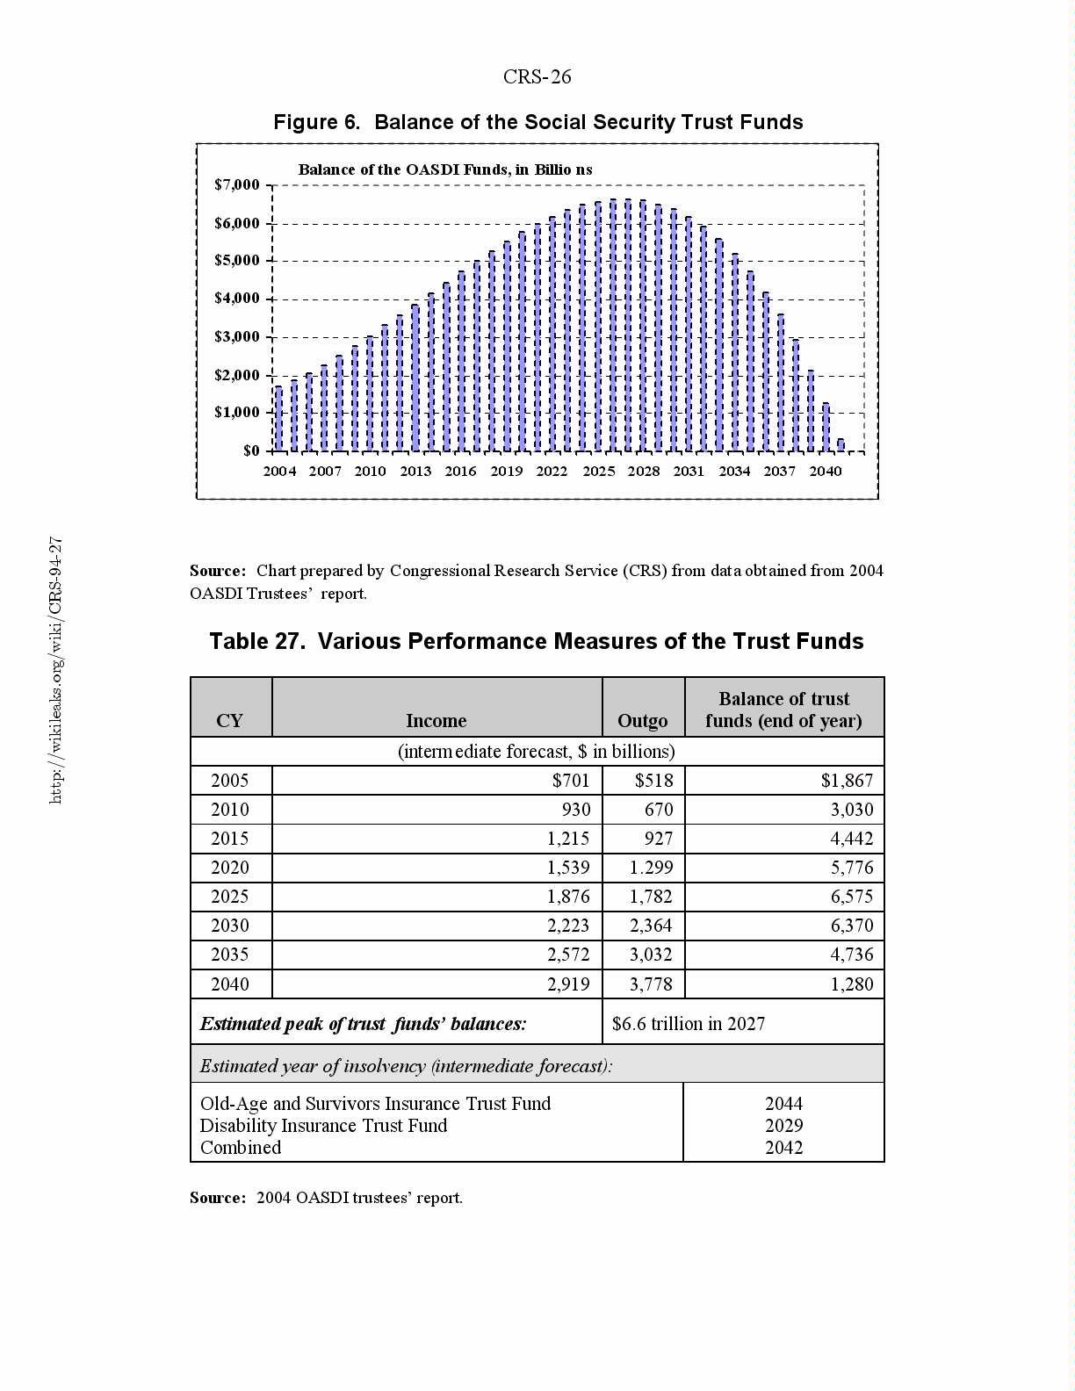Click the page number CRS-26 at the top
[x=537, y=77]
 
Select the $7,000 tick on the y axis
[x=237, y=185]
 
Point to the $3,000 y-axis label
[x=237, y=337]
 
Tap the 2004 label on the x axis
[x=279, y=472]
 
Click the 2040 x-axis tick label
[x=825, y=472]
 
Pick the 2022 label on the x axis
[x=552, y=472]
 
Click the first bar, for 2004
[x=279, y=419]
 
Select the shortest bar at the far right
[x=841, y=445]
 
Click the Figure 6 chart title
[x=537, y=122]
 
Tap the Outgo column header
[x=643, y=721]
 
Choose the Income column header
[x=436, y=721]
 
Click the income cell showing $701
[x=571, y=781]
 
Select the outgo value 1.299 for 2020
[x=651, y=868]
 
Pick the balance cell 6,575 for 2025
[x=852, y=897]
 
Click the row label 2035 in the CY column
[x=230, y=955]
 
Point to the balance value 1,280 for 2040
[x=852, y=984]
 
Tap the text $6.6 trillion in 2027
[x=689, y=1024]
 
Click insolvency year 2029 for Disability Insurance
[x=783, y=1126]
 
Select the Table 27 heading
[x=537, y=642]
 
